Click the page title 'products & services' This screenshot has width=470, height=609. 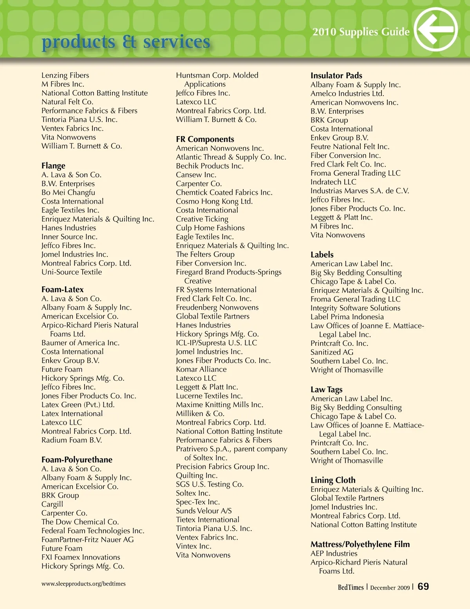(x=126, y=42)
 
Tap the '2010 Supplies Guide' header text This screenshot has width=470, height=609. (x=361, y=32)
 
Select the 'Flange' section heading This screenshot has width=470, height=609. (x=53, y=165)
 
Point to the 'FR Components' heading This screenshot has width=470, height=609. (x=205, y=139)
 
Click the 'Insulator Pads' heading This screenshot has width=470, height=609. (x=336, y=75)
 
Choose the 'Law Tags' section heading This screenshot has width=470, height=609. (x=326, y=389)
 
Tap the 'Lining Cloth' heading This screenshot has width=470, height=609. (x=333, y=480)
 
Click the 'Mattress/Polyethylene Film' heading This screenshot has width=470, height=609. (x=360, y=544)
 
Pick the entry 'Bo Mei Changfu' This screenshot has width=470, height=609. (x=68, y=193)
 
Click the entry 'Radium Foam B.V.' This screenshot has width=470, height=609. (x=72, y=440)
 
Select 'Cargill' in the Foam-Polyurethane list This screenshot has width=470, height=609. (x=52, y=504)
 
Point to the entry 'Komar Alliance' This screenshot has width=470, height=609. (x=201, y=369)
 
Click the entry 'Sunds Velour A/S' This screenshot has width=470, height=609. (x=204, y=511)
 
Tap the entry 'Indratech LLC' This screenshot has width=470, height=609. (x=333, y=182)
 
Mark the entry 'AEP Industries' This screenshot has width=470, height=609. (x=334, y=553)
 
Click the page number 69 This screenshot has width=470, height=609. (x=423, y=587)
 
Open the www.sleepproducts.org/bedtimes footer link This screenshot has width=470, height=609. (x=83, y=584)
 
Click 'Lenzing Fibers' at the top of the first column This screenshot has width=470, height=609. (x=65, y=75)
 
